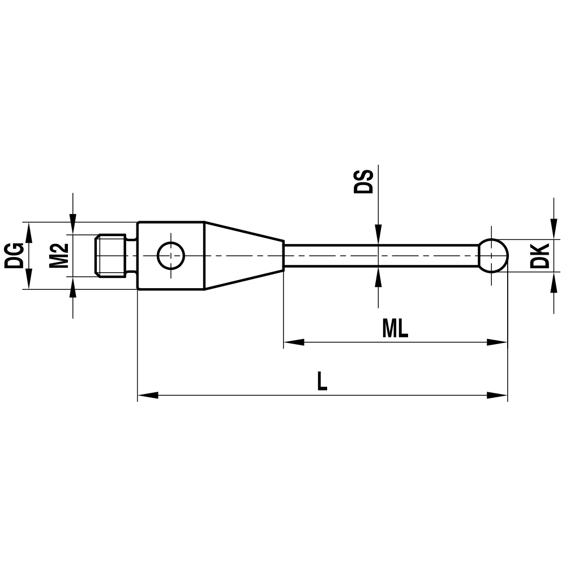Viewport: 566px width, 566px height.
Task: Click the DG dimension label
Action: [13, 255]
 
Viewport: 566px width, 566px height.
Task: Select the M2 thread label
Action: [58, 255]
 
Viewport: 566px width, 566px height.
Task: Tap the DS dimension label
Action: [364, 181]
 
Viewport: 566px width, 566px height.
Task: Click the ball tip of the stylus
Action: [493, 256]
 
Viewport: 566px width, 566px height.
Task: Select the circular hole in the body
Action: [171, 256]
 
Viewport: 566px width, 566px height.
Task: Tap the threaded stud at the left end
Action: [110, 256]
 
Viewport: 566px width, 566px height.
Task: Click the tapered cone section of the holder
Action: [243, 256]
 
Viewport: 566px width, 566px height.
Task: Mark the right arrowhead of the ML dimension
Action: [498, 342]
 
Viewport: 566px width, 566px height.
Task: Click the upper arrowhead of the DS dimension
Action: [378, 235]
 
